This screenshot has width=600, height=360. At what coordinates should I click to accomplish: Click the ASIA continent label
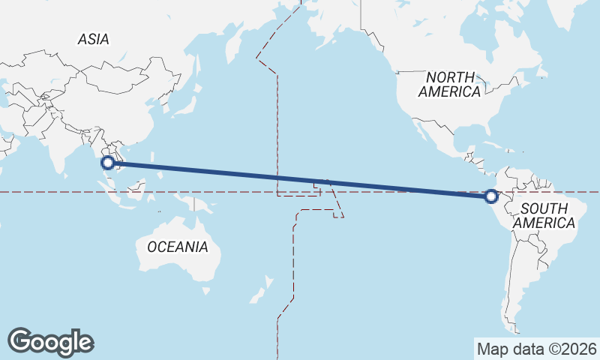click(x=93, y=39)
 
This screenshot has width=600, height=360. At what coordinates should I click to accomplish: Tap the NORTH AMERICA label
click(x=449, y=84)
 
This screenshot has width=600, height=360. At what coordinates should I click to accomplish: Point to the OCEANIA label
click(x=177, y=247)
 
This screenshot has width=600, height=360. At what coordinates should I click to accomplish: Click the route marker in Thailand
click(x=108, y=161)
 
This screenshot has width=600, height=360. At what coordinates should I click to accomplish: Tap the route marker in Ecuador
click(x=491, y=196)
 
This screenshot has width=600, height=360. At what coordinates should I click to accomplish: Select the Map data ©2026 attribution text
click(x=536, y=349)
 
